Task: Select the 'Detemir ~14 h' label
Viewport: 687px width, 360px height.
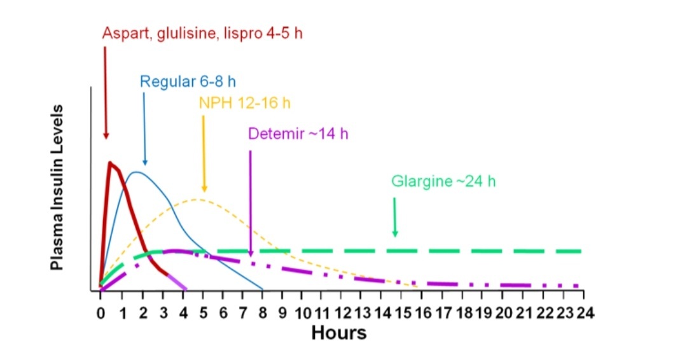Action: (x=298, y=134)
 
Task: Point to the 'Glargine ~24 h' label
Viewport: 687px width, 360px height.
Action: (x=443, y=181)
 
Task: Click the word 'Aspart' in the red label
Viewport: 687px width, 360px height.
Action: (x=123, y=33)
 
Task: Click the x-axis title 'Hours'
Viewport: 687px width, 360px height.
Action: (x=338, y=332)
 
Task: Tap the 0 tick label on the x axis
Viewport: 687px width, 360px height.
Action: (x=100, y=313)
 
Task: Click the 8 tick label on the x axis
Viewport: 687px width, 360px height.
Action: (x=262, y=313)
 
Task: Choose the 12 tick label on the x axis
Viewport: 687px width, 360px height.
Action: (x=343, y=313)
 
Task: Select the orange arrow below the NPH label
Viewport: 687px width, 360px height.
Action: (x=204, y=153)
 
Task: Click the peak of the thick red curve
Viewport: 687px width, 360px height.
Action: (x=111, y=163)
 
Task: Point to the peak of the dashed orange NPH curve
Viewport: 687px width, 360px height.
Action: (x=198, y=200)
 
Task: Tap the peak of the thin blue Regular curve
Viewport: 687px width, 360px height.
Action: (x=135, y=172)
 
